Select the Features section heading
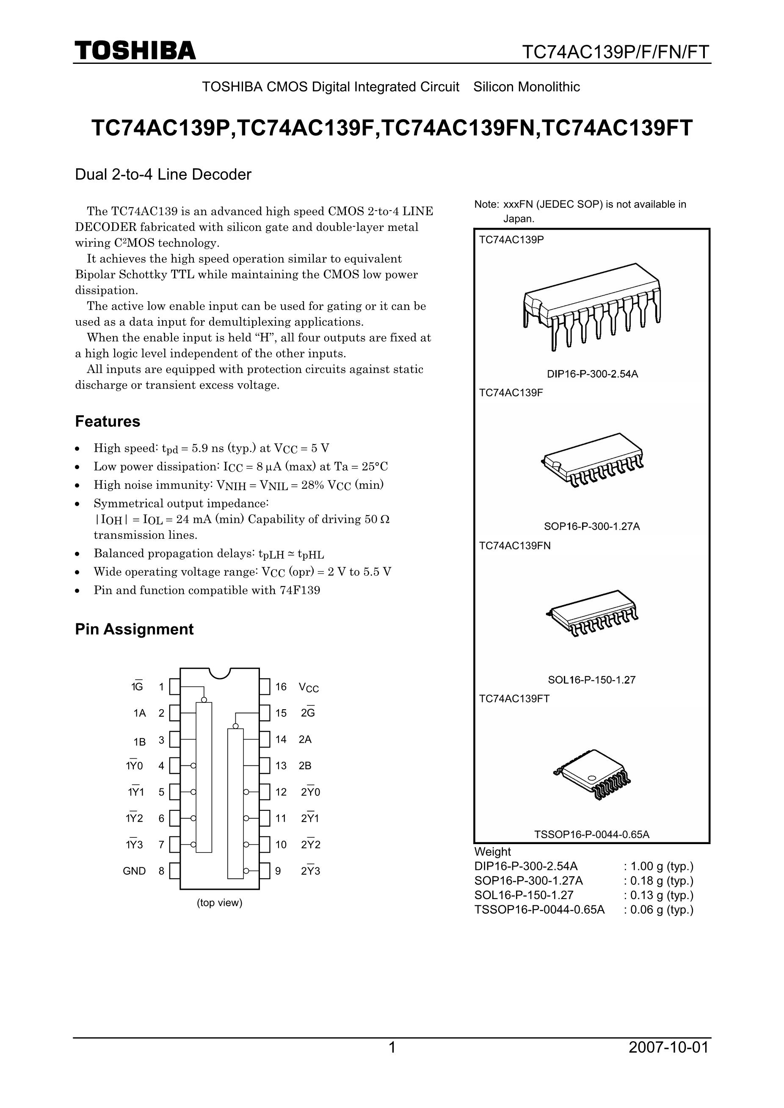click(107, 421)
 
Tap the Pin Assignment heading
click(134, 629)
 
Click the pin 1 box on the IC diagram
click(174, 687)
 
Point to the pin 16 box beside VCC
click(265, 687)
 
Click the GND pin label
click(134, 871)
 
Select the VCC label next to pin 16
click(309, 688)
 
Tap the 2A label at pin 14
click(305, 739)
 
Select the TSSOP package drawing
click(592, 774)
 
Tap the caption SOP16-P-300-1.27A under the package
click(592, 527)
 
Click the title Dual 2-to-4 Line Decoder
click(163, 174)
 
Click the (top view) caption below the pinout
click(219, 903)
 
